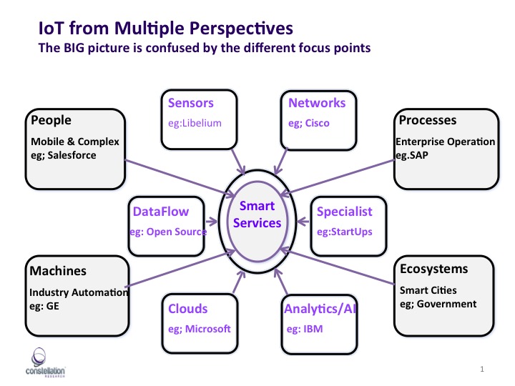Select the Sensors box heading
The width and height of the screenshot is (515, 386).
tap(190, 103)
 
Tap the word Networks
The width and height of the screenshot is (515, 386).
tap(317, 103)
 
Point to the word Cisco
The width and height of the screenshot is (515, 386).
tap(318, 123)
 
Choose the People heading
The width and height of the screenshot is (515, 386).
tap(51, 120)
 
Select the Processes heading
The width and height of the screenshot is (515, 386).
tap(428, 120)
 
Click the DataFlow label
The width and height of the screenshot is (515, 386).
tap(160, 212)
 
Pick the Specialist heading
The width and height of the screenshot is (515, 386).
tap(345, 212)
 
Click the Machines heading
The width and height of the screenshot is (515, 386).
tap(58, 271)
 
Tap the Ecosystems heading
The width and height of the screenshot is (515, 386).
tap(434, 269)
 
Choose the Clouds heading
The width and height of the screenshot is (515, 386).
tap(188, 309)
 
